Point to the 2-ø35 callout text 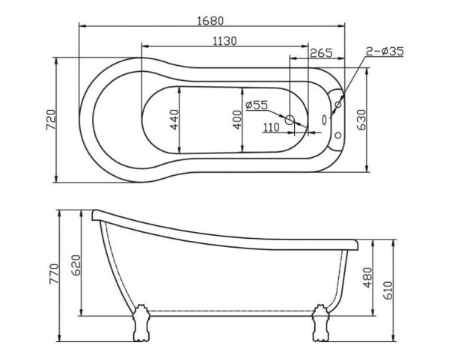(x=385, y=51)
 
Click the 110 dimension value (x=271, y=128)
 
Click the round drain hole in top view (x=291, y=120)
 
